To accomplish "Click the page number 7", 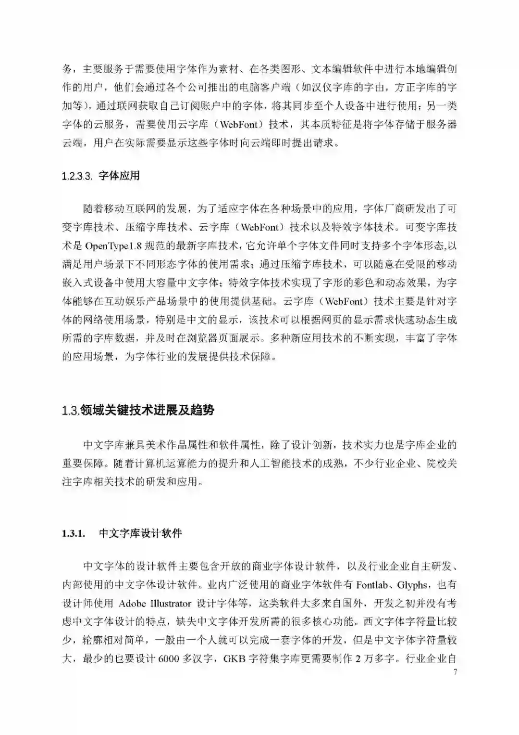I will click(x=455, y=672).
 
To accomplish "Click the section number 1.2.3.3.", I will click(x=77, y=176).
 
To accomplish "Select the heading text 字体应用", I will click(x=119, y=176).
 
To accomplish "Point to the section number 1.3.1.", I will click(x=73, y=534).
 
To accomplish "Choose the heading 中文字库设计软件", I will click(x=140, y=534).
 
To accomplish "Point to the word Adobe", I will click(x=132, y=604).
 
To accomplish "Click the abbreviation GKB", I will click(x=234, y=659).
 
